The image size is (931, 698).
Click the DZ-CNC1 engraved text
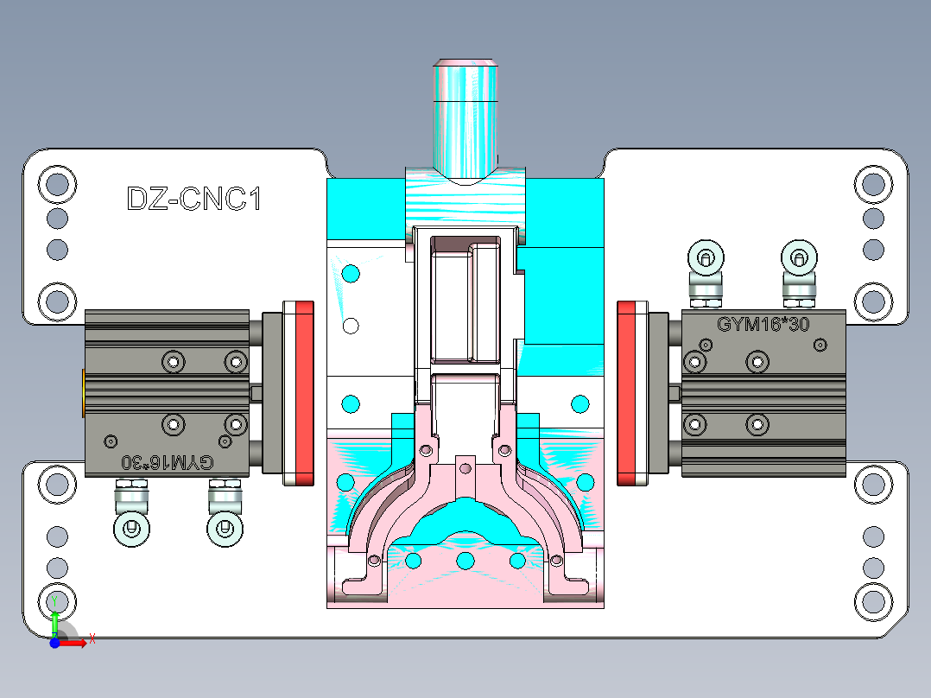tap(193, 200)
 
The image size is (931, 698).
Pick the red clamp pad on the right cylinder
tap(632, 393)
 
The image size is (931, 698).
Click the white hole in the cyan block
tap(351, 326)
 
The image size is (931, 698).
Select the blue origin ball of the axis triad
tap(54, 642)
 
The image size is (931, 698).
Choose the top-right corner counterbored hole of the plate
tap(873, 183)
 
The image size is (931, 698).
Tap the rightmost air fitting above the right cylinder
tap(799, 257)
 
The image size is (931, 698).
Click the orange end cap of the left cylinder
tap(83, 391)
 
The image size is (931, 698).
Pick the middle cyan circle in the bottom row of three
tap(465, 562)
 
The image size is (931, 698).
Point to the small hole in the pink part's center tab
tap(465, 468)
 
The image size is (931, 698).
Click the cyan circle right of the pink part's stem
tap(580, 403)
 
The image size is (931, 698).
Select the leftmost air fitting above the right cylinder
tap(706, 257)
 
